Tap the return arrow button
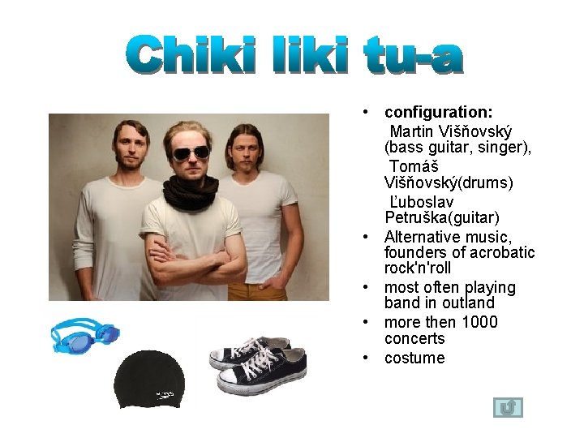(508, 407)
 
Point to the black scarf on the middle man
(191, 191)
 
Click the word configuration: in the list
(439, 112)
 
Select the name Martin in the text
(412, 131)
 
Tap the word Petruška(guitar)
(442, 218)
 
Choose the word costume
(414, 358)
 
